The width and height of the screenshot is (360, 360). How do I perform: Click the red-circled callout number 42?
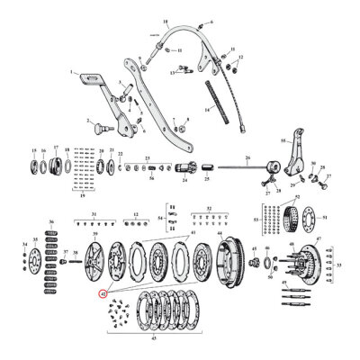103,293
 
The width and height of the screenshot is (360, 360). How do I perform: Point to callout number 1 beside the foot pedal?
69,71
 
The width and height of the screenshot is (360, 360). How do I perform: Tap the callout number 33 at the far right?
340,265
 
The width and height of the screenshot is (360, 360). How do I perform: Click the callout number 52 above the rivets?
209,208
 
